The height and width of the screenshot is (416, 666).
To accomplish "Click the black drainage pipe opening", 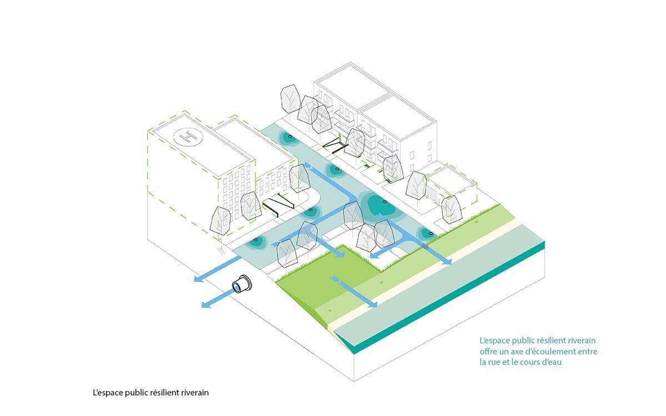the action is [241, 285].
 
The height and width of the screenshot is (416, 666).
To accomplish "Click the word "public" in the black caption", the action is [136, 393].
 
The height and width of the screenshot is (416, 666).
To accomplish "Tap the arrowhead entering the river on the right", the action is [446, 261].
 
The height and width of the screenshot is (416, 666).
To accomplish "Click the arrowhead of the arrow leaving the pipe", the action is [206, 305].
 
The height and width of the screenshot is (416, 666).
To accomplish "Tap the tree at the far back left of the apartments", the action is [290, 99].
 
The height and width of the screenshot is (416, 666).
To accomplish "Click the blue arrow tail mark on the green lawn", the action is [335, 279].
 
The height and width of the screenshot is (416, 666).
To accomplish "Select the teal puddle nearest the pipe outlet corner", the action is [256, 242].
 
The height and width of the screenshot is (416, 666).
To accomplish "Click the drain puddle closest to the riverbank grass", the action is [428, 233].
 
